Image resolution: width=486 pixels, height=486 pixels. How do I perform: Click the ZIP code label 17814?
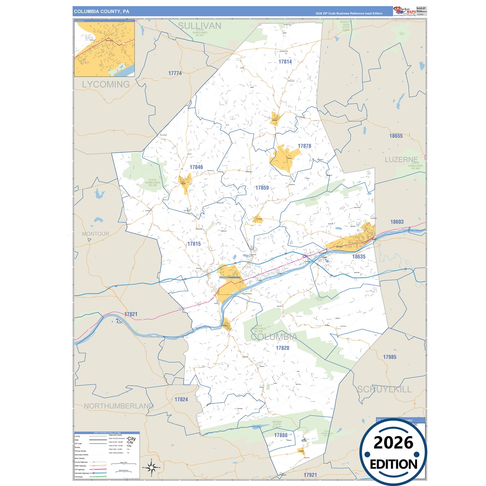click(285, 62)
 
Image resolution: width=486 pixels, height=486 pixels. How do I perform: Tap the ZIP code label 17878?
click(304, 146)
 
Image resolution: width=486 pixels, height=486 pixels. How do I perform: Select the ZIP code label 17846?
click(196, 167)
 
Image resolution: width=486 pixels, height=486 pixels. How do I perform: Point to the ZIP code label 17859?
click(262, 188)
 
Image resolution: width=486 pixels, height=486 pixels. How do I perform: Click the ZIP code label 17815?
click(194, 244)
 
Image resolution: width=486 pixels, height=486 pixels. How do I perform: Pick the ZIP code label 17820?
click(283, 348)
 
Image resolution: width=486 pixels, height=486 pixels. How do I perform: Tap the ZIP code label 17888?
click(281, 435)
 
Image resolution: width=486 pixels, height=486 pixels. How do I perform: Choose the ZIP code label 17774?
click(175, 73)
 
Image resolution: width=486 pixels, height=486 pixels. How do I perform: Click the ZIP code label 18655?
click(396, 136)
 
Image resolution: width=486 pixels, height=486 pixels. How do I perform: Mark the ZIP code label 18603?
click(397, 222)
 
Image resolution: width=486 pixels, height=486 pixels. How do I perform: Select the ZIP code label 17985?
click(389, 357)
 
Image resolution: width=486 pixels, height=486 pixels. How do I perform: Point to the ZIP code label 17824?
click(181, 400)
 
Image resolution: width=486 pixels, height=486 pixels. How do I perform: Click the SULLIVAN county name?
click(199, 26)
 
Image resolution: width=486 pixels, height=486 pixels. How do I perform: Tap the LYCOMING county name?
click(106, 84)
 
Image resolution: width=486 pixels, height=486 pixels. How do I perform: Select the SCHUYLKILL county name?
click(384, 389)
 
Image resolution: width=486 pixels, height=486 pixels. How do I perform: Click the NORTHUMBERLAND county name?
click(119, 406)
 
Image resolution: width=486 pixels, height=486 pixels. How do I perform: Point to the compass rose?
click(151, 467)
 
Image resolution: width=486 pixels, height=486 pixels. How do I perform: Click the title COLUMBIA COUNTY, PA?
click(101, 11)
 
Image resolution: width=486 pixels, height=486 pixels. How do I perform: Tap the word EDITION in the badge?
click(393, 464)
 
